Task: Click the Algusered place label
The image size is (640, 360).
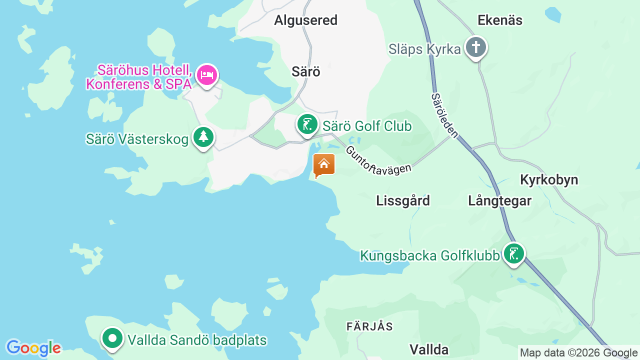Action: pos(305,20)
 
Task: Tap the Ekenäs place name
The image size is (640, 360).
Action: pos(500,20)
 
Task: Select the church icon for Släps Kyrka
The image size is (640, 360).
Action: pos(475,48)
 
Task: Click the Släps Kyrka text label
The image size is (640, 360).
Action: pos(424,49)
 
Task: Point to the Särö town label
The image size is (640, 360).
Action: pos(305,71)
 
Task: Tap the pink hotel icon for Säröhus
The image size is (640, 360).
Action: pos(206,75)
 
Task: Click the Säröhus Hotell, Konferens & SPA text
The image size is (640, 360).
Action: pos(139,76)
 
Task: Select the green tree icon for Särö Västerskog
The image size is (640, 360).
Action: pos(203,137)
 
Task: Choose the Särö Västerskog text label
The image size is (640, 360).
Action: pos(137,139)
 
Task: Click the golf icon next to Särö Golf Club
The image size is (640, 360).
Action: pos(307,124)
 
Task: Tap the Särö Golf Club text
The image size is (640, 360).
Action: pos(367,126)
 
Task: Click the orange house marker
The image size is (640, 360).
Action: pos(324,164)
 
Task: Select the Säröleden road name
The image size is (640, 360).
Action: pos(444,115)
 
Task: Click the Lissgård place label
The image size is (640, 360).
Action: pos(402,200)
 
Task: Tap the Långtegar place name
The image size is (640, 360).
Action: pos(499,200)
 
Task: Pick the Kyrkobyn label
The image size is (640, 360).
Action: pos(549,180)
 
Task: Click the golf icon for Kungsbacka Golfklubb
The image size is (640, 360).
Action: pos(513,254)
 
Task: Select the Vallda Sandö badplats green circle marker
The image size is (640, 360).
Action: pos(112,338)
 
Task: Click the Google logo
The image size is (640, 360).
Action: pos(33,348)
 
